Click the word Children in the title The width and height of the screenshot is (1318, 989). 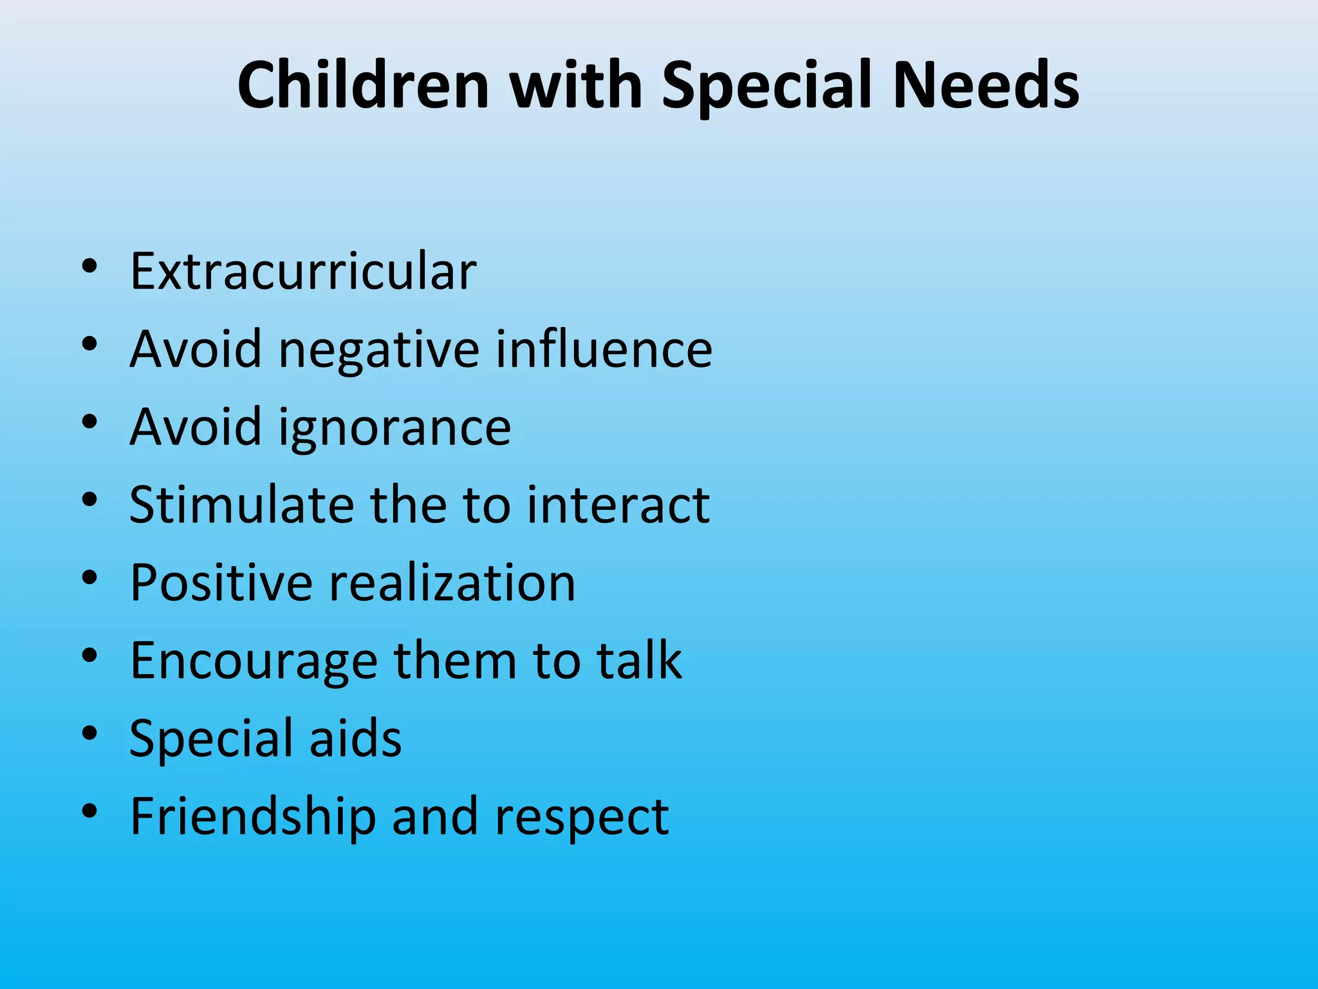364,85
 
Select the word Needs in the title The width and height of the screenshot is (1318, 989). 985,85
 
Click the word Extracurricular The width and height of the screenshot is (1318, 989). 303,271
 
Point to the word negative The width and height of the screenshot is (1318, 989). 378,350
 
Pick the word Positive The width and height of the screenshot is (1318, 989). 220,583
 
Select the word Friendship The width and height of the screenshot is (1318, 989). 253,817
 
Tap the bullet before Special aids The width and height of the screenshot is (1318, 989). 89,733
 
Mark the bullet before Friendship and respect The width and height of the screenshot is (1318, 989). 89,811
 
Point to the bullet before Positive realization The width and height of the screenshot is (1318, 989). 89,577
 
